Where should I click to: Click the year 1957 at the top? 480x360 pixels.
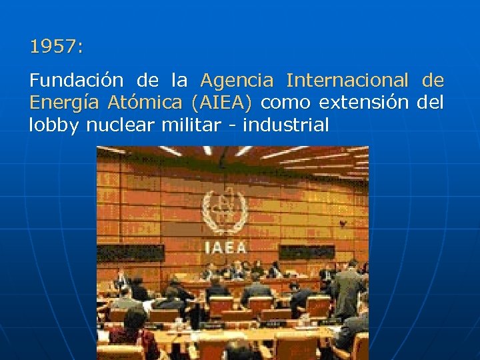(56, 47)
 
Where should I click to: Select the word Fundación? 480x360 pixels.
(76, 81)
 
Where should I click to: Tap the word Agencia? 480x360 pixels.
(237, 81)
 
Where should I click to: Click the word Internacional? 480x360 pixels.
(347, 81)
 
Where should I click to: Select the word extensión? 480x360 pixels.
(364, 103)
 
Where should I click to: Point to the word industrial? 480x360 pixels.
(286, 125)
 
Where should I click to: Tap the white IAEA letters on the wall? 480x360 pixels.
(225, 247)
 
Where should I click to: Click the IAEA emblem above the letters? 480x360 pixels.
(225, 213)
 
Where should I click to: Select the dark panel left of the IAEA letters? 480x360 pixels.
(131, 253)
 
